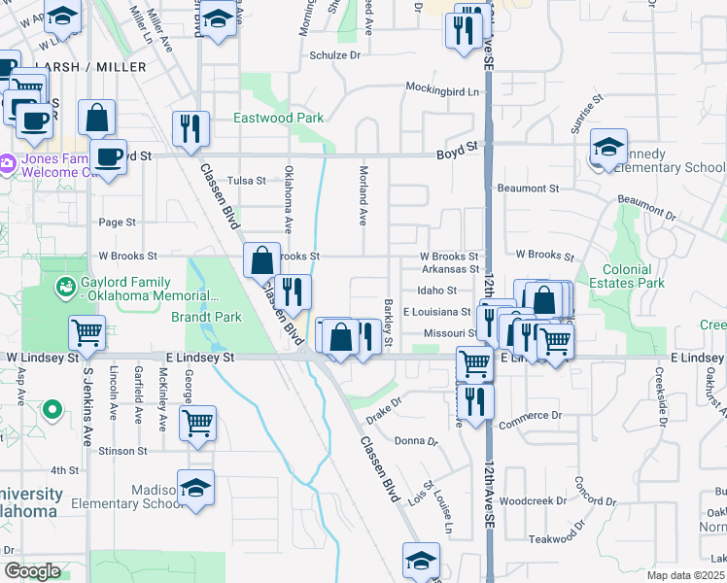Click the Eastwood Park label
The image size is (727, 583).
click(x=279, y=118)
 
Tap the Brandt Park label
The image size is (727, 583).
click(x=206, y=317)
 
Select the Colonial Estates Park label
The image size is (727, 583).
click(x=634, y=276)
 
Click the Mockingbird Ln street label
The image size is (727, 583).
click(x=443, y=92)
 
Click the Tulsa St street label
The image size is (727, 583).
click(x=246, y=181)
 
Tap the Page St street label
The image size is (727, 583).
click(x=117, y=223)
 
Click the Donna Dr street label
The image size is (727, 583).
click(x=417, y=440)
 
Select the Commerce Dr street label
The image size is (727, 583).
click(x=530, y=414)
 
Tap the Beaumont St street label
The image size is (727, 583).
click(x=528, y=188)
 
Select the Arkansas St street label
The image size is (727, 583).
click(x=450, y=269)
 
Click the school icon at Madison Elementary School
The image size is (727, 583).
click(x=195, y=487)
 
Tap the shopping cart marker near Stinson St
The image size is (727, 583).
click(x=197, y=424)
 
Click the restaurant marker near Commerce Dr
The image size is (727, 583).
click(x=474, y=399)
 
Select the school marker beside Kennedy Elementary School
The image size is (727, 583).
click(x=608, y=148)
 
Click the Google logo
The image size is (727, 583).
click(x=32, y=571)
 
